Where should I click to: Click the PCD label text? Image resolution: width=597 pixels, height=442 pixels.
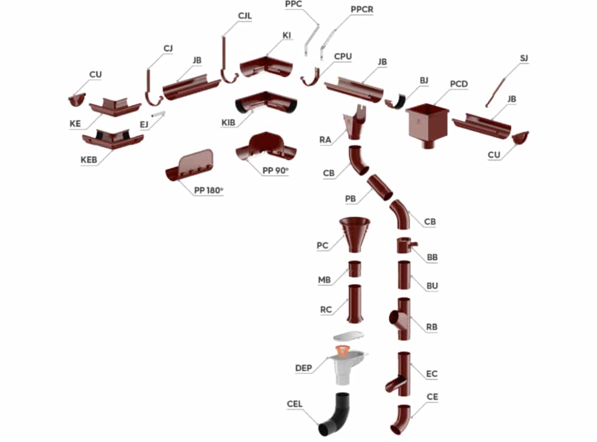[x=459, y=84]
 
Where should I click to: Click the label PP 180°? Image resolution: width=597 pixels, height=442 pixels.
[x=208, y=191]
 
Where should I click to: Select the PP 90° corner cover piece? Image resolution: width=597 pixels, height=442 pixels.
[x=266, y=146]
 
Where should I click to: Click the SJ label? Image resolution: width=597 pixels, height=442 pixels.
[x=525, y=58]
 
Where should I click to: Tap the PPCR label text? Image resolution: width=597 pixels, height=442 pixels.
[x=362, y=9]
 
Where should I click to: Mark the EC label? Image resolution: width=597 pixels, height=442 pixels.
[x=432, y=374]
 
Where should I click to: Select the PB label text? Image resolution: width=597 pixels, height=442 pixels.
[x=350, y=197]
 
